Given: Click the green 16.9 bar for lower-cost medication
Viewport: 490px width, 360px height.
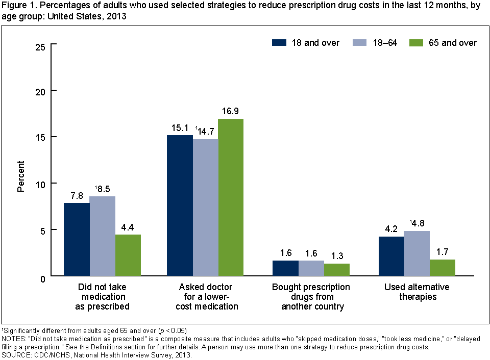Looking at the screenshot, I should click(231, 197).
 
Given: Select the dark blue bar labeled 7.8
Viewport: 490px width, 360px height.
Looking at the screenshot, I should click(77, 240).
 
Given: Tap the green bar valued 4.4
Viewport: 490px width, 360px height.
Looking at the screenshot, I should click(128, 255).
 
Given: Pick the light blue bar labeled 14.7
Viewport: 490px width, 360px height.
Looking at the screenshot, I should click(205, 208).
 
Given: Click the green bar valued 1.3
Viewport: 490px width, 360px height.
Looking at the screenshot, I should click(337, 270).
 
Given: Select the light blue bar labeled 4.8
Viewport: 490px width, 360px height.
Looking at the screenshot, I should click(416, 253).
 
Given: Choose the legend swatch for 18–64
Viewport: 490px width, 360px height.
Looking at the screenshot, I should click(360, 43).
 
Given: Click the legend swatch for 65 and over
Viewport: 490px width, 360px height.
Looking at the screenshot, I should click(417, 43).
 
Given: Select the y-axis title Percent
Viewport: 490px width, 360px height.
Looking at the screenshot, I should click(21, 176).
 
